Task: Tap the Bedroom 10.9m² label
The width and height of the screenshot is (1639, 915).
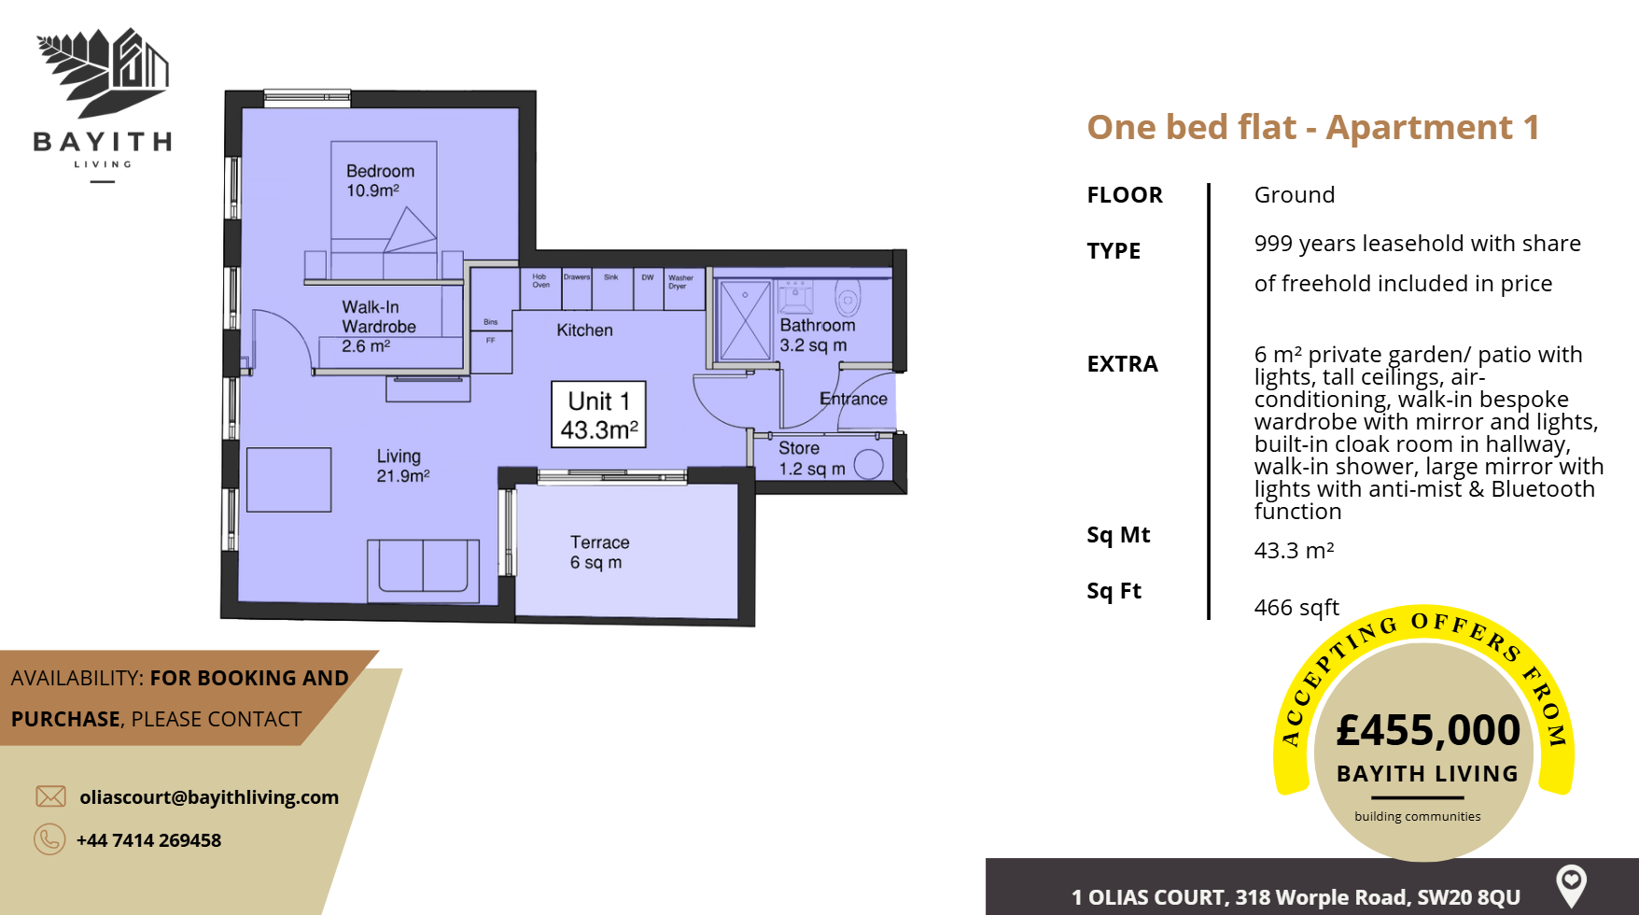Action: coord(379,180)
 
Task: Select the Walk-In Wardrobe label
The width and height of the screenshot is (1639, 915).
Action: coord(377,326)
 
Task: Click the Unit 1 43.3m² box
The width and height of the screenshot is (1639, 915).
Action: coord(598,415)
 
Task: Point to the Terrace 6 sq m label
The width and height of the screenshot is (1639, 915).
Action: coord(599,552)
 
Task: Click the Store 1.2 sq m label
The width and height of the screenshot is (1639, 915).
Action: coord(811,458)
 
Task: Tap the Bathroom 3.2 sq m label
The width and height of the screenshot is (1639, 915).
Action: coord(817,334)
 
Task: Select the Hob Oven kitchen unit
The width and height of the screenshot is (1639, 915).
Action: coord(540,289)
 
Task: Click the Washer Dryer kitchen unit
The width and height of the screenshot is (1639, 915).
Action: coord(682,289)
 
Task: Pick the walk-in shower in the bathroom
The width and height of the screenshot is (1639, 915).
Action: coord(745,320)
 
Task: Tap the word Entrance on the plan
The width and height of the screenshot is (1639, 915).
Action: coord(853,399)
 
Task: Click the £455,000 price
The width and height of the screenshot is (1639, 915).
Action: coord(1427,730)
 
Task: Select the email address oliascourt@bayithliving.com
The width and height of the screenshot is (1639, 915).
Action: coord(209,797)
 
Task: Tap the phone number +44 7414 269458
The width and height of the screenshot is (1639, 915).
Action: coord(148,840)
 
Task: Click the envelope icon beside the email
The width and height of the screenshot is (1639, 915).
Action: coord(50,796)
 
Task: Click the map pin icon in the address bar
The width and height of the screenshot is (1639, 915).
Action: coord(1571,883)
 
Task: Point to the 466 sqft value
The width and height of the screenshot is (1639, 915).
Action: coord(1296,608)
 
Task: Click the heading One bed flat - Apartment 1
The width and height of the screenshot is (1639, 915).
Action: coord(1312,127)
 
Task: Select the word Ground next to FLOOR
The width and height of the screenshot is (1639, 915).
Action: coord(1294,195)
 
